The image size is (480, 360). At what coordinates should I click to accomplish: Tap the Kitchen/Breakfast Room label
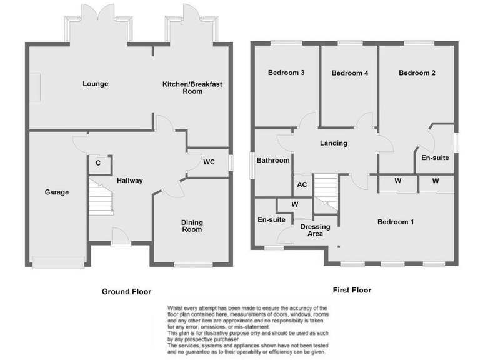pos(192,87)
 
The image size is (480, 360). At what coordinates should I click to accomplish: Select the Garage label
pos(56,192)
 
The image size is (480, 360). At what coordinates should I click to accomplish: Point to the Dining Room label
pos(192,226)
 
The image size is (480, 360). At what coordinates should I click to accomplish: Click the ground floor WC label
pos(209,162)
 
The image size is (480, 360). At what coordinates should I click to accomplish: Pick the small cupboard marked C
pos(98,163)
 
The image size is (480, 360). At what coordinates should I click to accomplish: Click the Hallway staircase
pos(100,196)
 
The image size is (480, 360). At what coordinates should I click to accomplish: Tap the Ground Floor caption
pos(127,291)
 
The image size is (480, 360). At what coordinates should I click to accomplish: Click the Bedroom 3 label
pos(286,72)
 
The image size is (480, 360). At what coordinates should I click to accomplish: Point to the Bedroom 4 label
pos(350,73)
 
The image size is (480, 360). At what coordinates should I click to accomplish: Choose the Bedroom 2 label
pos(417,72)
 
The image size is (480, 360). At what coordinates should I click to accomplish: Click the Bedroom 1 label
pos(395,222)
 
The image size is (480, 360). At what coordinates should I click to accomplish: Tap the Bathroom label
pos(273,161)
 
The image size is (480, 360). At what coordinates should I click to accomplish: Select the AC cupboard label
pos(302,185)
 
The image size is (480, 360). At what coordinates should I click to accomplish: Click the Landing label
pos(333,143)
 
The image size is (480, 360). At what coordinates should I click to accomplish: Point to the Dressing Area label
pos(311,230)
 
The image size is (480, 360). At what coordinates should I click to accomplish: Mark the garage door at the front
pos(58,262)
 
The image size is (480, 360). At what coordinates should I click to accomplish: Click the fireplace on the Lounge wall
pos(36,84)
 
